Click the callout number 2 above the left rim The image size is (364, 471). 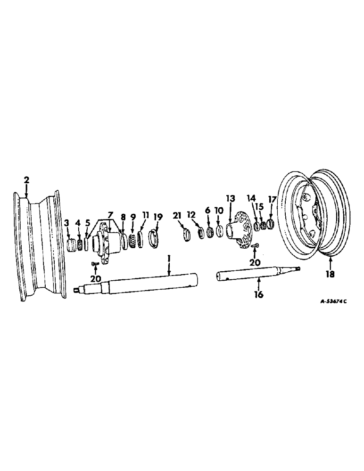click(26, 179)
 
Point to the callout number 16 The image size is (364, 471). click(259, 295)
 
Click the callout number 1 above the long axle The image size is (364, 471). click(169, 259)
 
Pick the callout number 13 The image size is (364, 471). click(231, 199)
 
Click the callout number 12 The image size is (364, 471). click(191, 215)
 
